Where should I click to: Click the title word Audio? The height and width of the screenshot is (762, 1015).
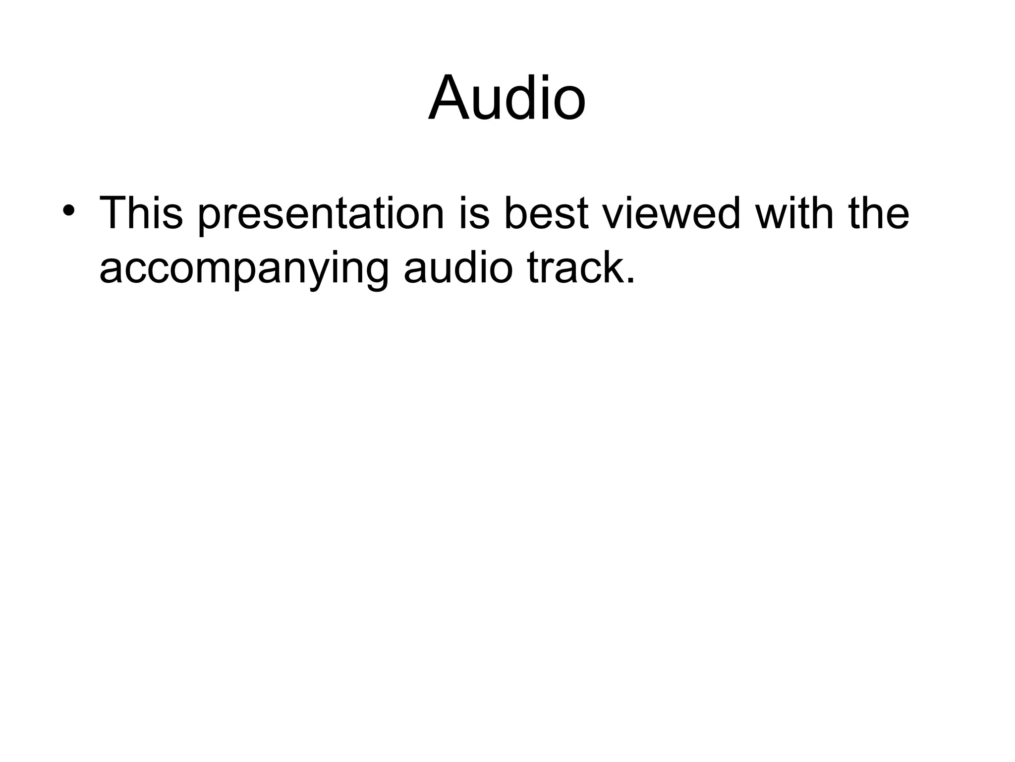point(507,98)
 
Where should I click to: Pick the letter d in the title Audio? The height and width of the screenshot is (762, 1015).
point(521,98)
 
